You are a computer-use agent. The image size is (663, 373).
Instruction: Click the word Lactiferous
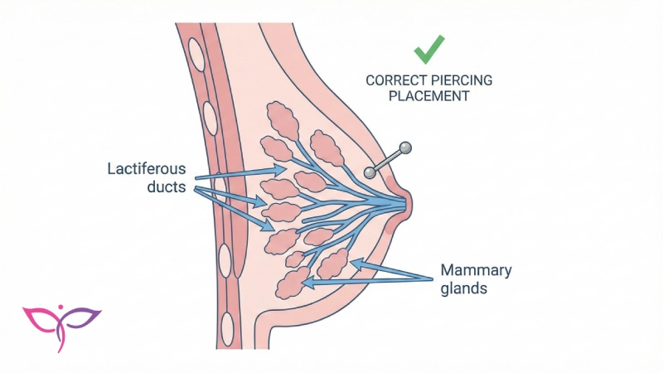click(147, 169)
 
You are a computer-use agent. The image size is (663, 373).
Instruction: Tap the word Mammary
click(476, 270)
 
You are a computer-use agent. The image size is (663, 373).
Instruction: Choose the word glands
click(465, 290)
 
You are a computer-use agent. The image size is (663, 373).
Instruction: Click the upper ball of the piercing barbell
click(405, 148)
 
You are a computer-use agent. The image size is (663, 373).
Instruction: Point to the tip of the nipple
click(409, 201)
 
